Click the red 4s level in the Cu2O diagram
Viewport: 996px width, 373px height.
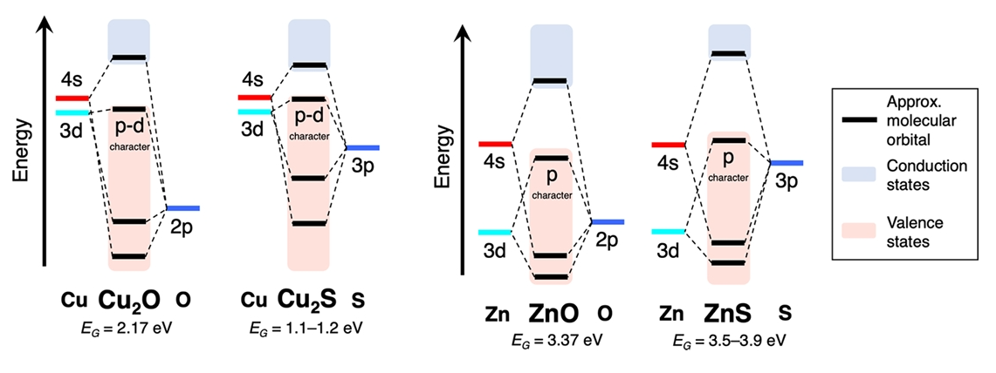coord(72,98)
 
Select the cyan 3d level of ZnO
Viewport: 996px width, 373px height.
coord(495,232)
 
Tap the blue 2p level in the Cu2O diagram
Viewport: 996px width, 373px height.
coord(183,208)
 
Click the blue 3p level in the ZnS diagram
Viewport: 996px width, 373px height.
coord(786,163)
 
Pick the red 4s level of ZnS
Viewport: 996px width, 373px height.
coord(669,145)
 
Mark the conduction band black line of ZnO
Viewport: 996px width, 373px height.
coord(551,82)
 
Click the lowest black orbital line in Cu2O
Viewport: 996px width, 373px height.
coord(129,256)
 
